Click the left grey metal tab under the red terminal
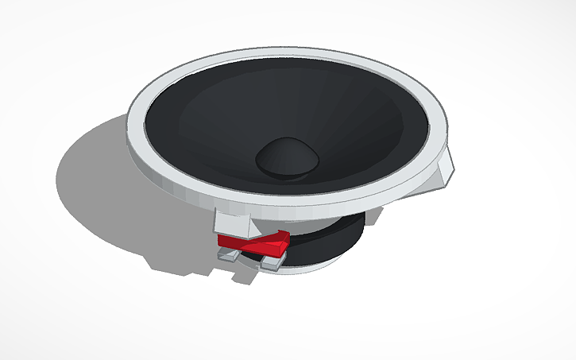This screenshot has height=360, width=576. click(x=226, y=256)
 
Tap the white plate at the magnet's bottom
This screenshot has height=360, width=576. click(x=318, y=266)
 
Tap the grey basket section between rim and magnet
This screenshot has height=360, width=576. click(x=318, y=215)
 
